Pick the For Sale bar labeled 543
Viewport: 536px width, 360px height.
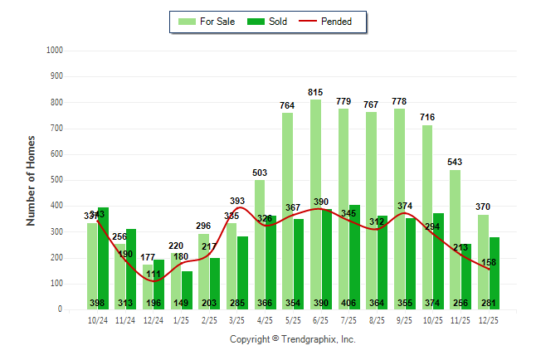455,240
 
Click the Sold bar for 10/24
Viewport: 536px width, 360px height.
104,258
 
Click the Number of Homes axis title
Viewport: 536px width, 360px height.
32,180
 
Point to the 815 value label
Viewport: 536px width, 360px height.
316,93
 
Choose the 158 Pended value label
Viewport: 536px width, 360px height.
490,262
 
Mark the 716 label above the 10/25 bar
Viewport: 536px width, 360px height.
427,118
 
